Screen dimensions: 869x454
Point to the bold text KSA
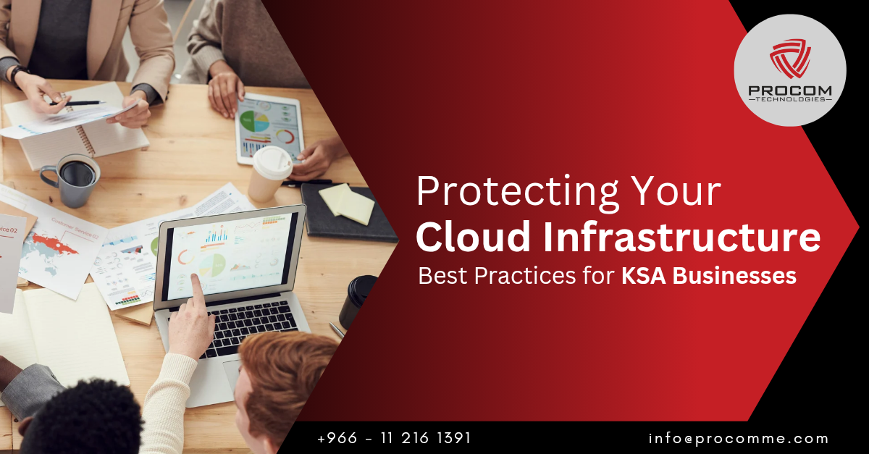[x=644, y=276]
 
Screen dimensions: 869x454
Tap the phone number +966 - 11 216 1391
[x=394, y=438]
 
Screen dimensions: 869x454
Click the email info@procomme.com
[x=738, y=439]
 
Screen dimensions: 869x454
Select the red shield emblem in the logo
[x=790, y=58]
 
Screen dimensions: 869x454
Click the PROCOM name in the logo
[x=790, y=91]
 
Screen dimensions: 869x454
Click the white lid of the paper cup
[x=272, y=162]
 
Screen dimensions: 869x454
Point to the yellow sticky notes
[x=346, y=204]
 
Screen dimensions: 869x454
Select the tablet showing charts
[x=269, y=128]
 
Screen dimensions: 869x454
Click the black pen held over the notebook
[x=77, y=103]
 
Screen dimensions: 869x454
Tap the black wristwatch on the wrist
[x=18, y=74]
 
